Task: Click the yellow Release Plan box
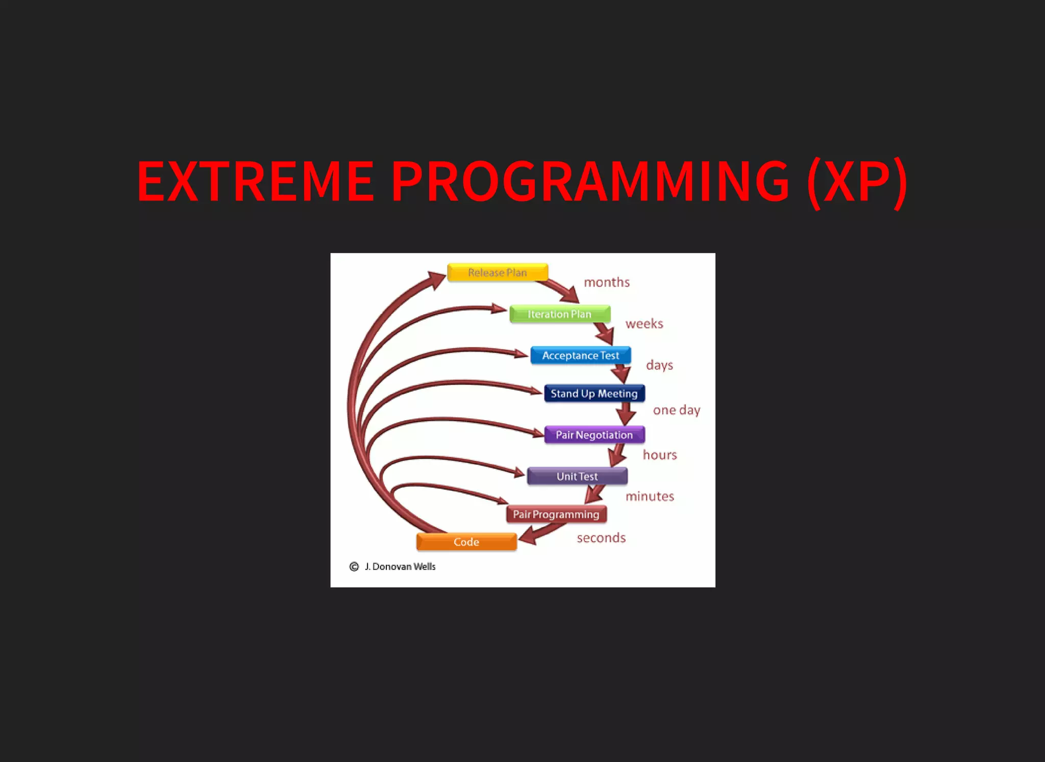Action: coord(497,272)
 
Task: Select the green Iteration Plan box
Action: coord(560,314)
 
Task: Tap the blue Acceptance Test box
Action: coord(581,355)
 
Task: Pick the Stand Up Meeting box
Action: coord(594,394)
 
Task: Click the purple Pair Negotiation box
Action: coord(594,435)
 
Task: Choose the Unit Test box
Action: coord(577,476)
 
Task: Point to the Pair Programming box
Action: coord(556,515)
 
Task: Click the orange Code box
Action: coord(466,542)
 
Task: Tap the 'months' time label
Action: coord(607,283)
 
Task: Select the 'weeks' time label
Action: coord(644,324)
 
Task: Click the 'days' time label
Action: coord(660,365)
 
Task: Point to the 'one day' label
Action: coord(677,410)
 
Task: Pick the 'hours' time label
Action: coord(660,455)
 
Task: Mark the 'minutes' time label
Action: coord(650,496)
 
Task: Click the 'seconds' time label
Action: coord(602,538)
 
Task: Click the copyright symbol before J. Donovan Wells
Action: coord(354,567)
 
